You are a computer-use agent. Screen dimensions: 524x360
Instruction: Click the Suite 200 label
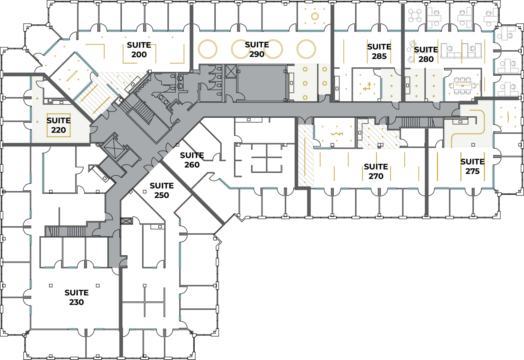139,50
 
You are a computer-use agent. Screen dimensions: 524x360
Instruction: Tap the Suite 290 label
257,50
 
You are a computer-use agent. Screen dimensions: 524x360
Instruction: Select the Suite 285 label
379,52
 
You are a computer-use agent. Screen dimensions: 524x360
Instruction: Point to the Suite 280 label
426,54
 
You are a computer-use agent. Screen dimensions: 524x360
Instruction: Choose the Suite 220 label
59,125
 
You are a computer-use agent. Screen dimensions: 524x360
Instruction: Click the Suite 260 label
192,160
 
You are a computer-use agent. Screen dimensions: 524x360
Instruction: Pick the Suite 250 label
162,190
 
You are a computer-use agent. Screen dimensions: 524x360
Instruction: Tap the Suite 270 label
376,172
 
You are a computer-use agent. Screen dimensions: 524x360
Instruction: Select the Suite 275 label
472,167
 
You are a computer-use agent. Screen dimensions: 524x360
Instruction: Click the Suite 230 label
77,297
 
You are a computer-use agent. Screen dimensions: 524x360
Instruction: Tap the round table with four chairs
415,15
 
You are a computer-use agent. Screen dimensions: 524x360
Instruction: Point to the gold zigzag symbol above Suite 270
337,134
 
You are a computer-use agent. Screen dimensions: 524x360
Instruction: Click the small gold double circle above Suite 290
315,16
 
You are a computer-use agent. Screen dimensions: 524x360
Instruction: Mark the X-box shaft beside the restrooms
231,71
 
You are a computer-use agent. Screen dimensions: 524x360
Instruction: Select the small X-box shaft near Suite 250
126,221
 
